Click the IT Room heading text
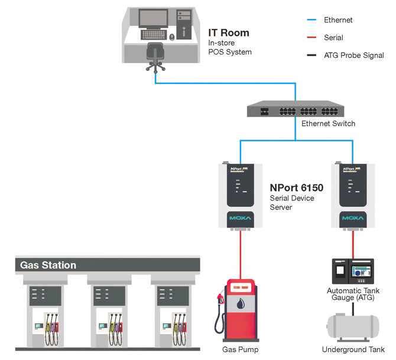228,33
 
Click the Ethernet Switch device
295,110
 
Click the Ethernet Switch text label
328,124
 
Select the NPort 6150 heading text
297,189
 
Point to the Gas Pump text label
239,350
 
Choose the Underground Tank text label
353,350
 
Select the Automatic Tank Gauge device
353,271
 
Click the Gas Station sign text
48,265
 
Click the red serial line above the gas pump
241,254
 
